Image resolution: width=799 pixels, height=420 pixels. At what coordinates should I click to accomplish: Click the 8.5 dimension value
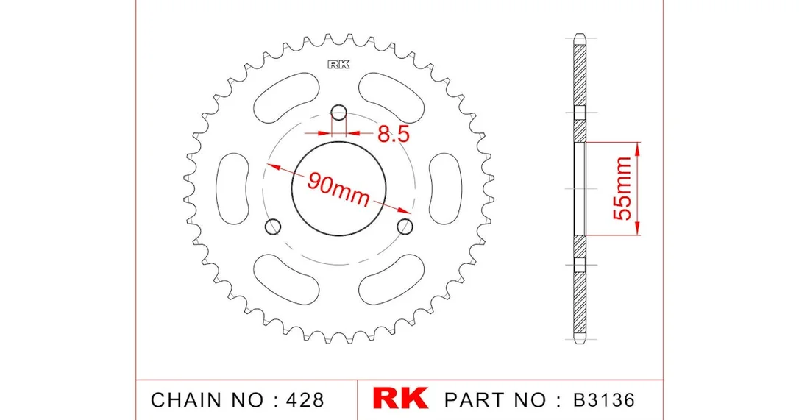pyautogui.click(x=394, y=134)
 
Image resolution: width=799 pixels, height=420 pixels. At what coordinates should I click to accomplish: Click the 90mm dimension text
pyautogui.click(x=338, y=189)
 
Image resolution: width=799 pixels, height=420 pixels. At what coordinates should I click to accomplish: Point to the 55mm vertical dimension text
pyautogui.click(x=622, y=188)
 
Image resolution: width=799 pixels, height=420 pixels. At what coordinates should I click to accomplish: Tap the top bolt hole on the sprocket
pyautogui.click(x=339, y=112)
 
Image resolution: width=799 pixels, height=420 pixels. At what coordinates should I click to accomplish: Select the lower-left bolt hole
pyautogui.click(x=274, y=227)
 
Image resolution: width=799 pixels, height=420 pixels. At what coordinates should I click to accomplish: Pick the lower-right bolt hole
pyautogui.click(x=405, y=226)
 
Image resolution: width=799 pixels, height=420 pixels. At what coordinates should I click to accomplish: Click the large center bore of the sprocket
pyautogui.click(x=339, y=188)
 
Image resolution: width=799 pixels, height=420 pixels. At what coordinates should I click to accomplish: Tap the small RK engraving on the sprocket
pyautogui.click(x=339, y=64)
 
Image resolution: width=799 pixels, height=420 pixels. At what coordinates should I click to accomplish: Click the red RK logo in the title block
pyautogui.click(x=400, y=399)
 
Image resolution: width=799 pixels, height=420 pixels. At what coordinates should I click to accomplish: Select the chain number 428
pyautogui.click(x=304, y=400)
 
